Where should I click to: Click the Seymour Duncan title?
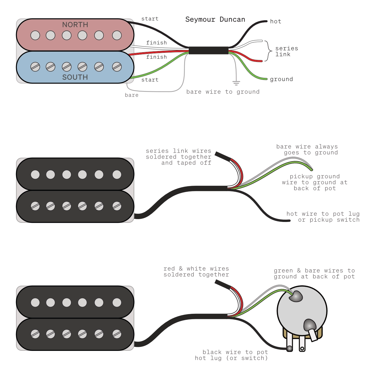(x=215, y=19)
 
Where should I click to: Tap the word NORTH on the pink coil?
(x=75, y=25)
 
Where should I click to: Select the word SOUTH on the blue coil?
(x=75, y=77)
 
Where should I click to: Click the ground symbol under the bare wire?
(x=236, y=83)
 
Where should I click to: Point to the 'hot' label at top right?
(x=275, y=21)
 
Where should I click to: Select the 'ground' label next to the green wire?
(x=281, y=79)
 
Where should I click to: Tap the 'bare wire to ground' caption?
(x=223, y=92)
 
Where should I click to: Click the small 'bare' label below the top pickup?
(x=131, y=95)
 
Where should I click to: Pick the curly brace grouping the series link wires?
(x=268, y=51)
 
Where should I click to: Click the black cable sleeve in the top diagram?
(x=208, y=50)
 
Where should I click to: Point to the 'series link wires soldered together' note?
(x=178, y=157)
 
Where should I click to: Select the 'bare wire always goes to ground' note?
(x=307, y=149)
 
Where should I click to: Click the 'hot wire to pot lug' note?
(x=323, y=217)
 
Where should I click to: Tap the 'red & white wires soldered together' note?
(x=196, y=272)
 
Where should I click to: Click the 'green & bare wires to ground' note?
(x=314, y=274)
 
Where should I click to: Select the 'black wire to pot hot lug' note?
(x=231, y=355)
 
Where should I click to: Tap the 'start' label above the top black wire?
(x=150, y=19)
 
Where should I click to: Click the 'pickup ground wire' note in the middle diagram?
(x=315, y=183)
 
